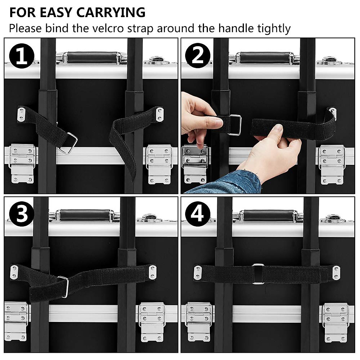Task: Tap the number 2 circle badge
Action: (197, 55)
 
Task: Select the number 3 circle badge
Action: (21, 215)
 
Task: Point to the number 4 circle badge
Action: (197, 214)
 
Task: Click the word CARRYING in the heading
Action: (111, 13)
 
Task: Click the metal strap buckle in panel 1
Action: (68, 143)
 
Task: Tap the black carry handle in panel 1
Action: (92, 57)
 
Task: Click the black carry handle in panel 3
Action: (85, 215)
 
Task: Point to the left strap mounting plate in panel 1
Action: (21, 114)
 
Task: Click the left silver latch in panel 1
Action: (21, 163)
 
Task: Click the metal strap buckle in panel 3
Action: (64, 286)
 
